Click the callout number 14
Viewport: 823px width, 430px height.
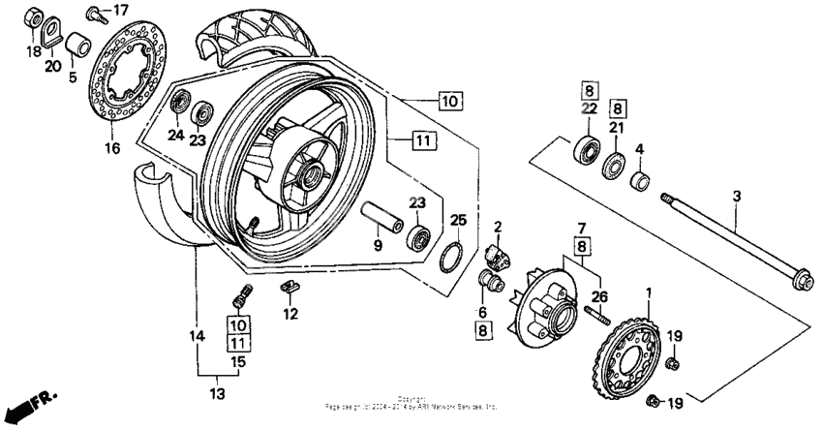[x=197, y=336]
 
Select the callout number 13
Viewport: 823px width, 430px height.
[x=217, y=394]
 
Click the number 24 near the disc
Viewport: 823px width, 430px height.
[x=175, y=136]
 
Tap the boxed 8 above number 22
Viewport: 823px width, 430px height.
[x=588, y=91]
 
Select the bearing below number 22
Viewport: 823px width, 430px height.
[x=586, y=149]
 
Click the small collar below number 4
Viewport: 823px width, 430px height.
[x=640, y=180]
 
